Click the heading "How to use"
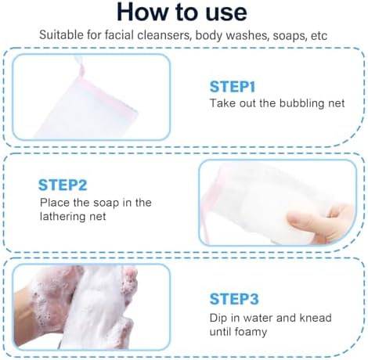pos(183,14)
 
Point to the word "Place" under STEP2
pos(53,203)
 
